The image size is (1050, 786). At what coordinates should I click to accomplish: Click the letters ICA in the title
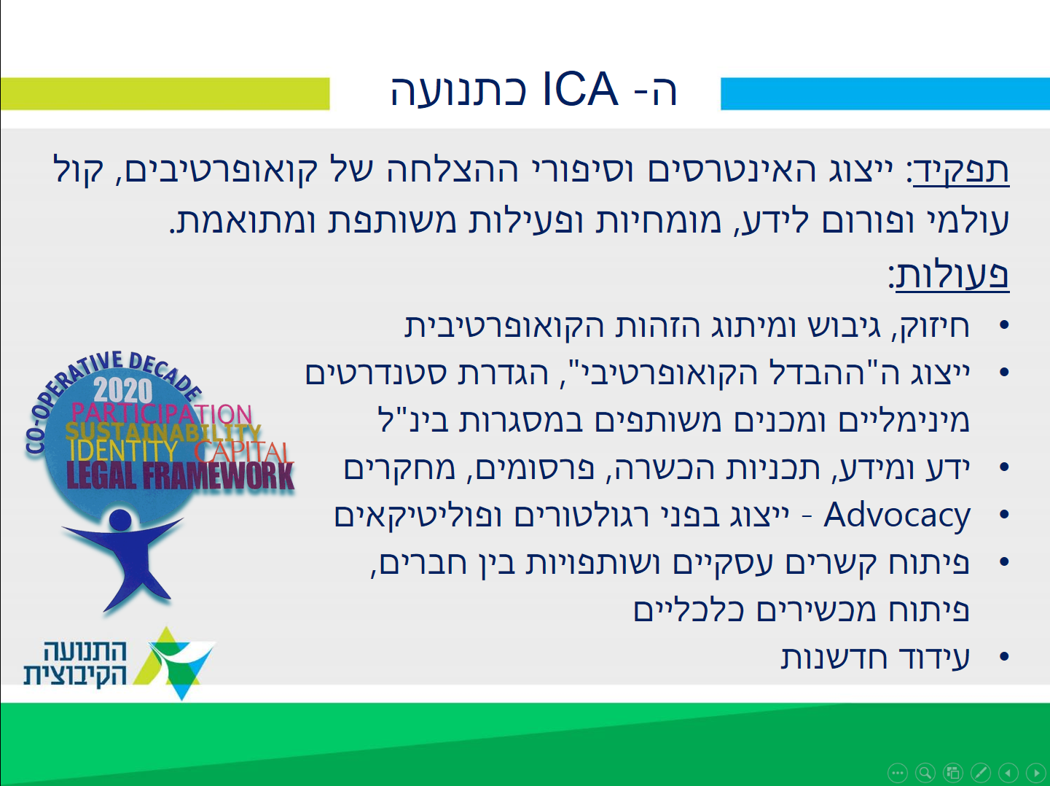(x=580, y=89)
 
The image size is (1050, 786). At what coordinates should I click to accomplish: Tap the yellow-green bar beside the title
(x=165, y=94)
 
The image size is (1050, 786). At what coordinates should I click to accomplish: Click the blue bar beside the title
(x=885, y=94)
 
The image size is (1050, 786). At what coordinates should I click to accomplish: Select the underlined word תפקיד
(x=962, y=171)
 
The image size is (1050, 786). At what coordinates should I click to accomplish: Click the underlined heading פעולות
(x=952, y=275)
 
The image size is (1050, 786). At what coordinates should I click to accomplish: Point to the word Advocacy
(x=897, y=516)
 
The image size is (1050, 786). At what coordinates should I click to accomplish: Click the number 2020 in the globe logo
(x=123, y=391)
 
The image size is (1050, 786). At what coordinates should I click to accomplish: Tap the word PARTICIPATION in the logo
(x=162, y=413)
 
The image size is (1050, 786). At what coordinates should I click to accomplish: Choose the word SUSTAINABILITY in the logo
(x=163, y=432)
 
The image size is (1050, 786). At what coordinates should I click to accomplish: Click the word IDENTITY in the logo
(x=123, y=451)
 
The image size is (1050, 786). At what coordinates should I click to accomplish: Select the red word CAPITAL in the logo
(x=242, y=452)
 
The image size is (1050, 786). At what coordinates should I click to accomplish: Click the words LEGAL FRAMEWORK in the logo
(x=180, y=476)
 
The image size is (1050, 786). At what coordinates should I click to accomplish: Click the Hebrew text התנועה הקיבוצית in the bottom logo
(x=76, y=664)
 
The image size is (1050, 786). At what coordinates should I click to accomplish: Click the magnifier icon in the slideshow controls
(x=925, y=773)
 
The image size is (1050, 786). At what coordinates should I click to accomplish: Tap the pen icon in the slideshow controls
(x=981, y=773)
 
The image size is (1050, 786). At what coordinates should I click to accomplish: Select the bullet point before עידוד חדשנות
(x=1004, y=656)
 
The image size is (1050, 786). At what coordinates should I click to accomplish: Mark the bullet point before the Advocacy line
(x=1004, y=515)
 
